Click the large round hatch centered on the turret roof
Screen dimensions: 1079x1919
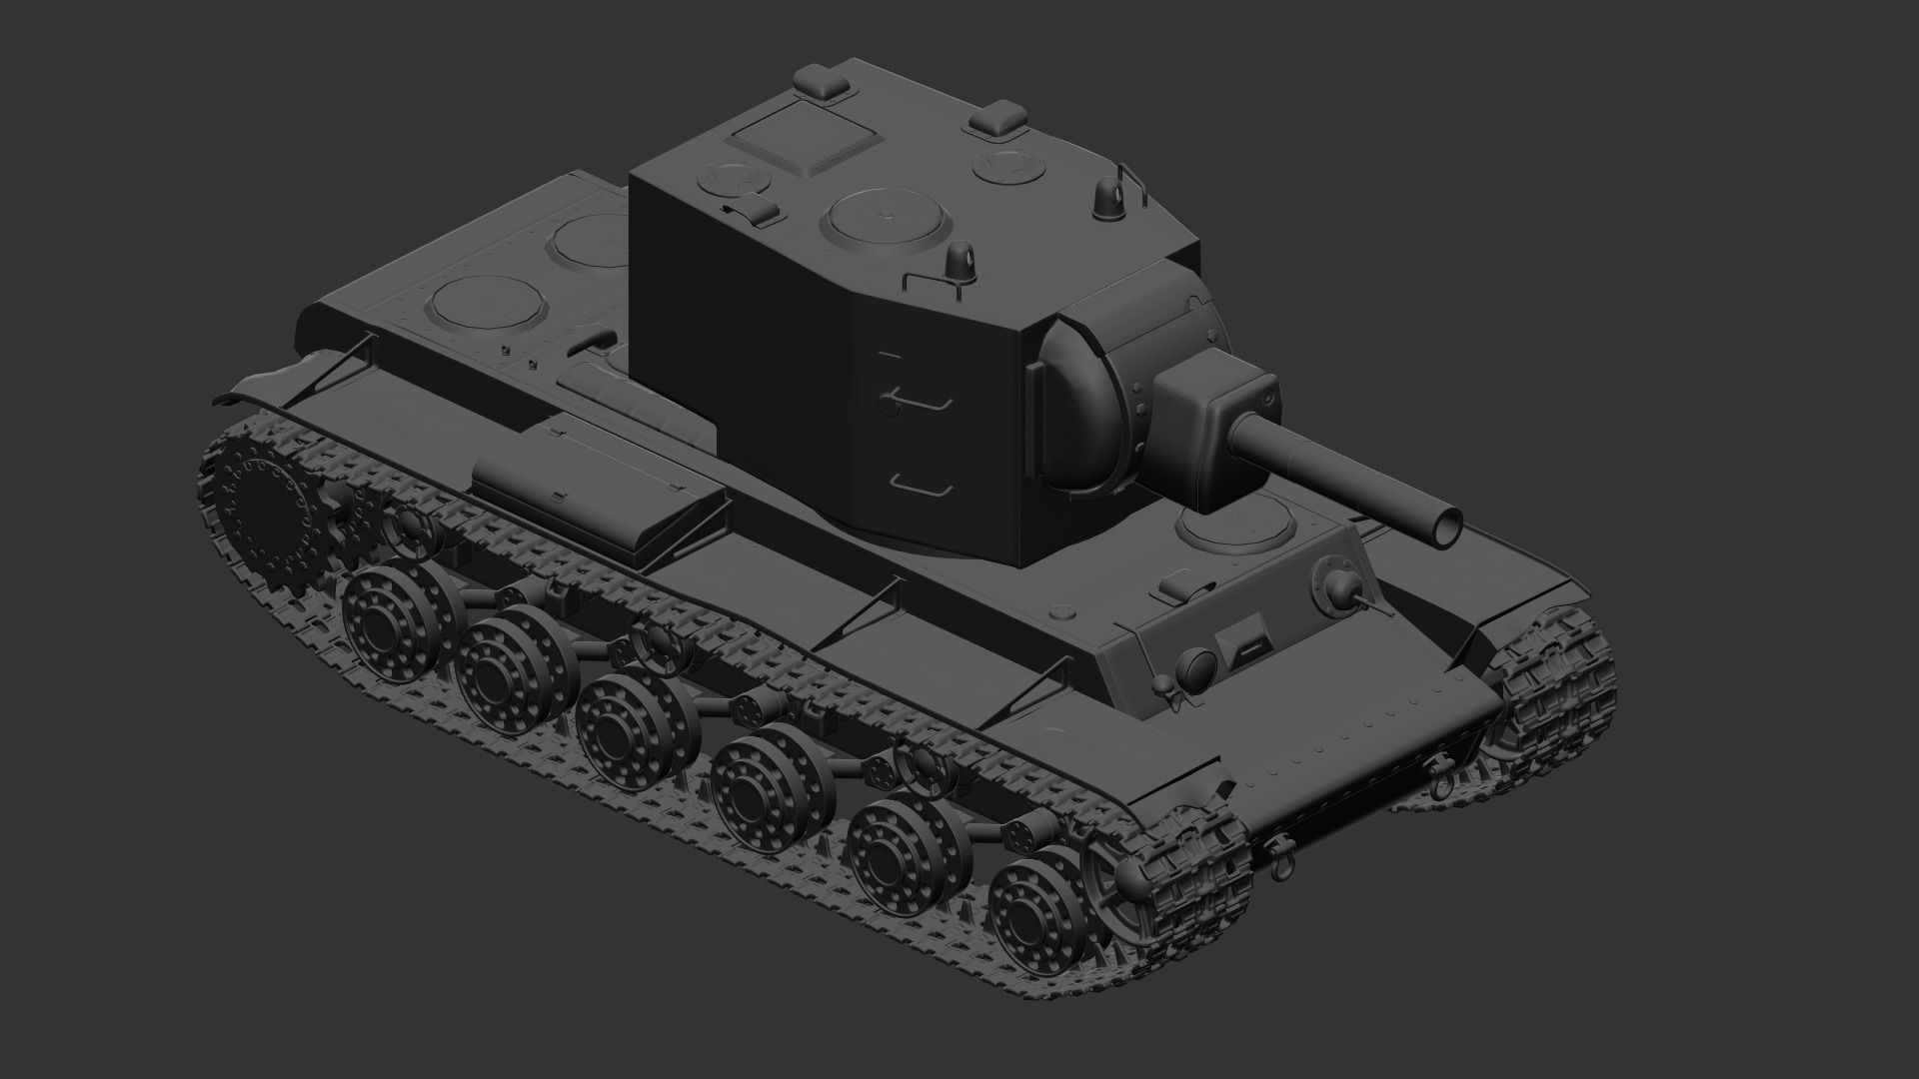coord(884,220)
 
